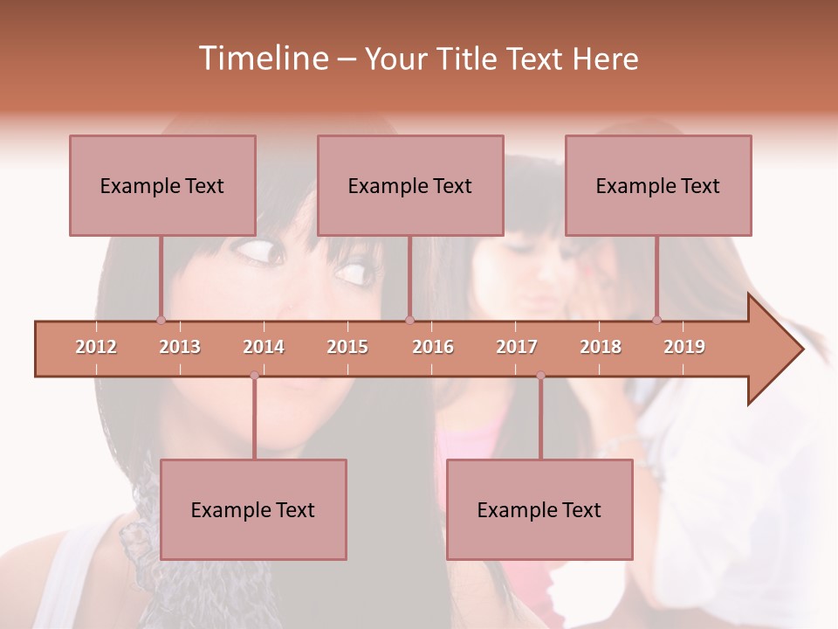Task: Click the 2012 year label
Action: [x=96, y=347]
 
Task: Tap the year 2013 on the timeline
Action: [x=180, y=347]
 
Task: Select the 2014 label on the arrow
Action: [x=264, y=347]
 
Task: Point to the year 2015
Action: [x=347, y=347]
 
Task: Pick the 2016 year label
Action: [x=433, y=347]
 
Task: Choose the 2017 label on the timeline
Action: [x=517, y=347]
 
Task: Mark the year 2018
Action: [x=601, y=347]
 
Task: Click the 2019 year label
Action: [x=684, y=347]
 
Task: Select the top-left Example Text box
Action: [x=162, y=185]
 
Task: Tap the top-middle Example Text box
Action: [x=410, y=185]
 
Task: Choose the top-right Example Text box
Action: [x=658, y=185]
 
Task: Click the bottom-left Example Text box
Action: [x=253, y=509]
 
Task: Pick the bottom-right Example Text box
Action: [x=539, y=509]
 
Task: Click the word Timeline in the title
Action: [x=262, y=59]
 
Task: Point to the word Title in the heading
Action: [x=468, y=59]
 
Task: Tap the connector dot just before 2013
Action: [x=161, y=320]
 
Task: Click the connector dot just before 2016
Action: [x=409, y=320]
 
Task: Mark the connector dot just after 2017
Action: [x=540, y=376]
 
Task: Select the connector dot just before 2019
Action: [x=656, y=320]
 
